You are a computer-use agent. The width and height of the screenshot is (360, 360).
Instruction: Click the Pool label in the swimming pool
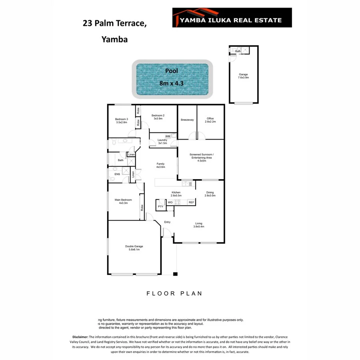pos(172,71)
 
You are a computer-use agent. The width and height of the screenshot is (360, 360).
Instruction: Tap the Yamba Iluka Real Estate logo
pos(232,18)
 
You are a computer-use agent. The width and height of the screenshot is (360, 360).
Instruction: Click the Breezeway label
pos(187,120)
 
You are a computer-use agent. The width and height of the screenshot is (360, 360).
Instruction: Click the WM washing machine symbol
pos(168,136)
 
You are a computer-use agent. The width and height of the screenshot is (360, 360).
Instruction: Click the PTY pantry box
pos(160,206)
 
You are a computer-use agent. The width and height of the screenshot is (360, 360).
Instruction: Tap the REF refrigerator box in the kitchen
pos(191,202)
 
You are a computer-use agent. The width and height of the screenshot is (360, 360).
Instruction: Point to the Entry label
pos(167,222)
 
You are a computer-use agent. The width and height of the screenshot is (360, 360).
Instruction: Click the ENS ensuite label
pos(117,174)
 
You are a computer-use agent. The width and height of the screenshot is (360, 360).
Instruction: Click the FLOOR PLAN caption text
pos(174,294)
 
